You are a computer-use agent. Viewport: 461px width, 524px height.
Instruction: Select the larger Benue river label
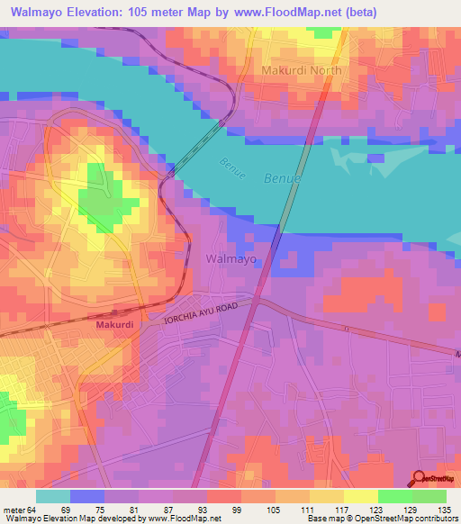pyautogui.click(x=283, y=179)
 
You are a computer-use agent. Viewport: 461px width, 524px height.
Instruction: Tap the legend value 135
pyautogui.click(x=444, y=510)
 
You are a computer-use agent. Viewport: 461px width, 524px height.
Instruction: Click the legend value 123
pyautogui.click(x=376, y=510)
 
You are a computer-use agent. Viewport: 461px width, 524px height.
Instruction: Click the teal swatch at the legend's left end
pyautogui.click(x=53, y=496)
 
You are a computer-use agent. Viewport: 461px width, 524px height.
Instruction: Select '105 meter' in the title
pyautogui.click(x=142, y=12)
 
